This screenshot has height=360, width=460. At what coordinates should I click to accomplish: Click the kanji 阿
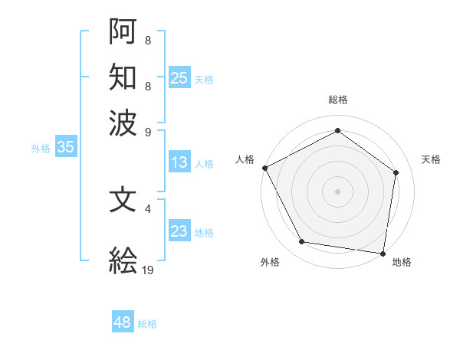click(123, 31)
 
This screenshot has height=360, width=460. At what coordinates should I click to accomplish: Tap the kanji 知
click(123, 77)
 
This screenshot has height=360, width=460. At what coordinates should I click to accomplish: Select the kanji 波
click(123, 122)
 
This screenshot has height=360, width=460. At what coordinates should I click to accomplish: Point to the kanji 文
click(123, 200)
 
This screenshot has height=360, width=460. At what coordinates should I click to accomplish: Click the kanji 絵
click(123, 261)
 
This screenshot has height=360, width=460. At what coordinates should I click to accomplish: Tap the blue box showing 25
click(179, 77)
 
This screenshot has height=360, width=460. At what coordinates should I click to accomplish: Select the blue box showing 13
click(179, 162)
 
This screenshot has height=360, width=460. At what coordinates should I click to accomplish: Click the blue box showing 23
click(179, 232)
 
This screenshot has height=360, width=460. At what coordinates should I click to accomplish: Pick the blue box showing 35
click(65, 147)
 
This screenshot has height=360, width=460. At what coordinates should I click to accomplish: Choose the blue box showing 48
click(123, 322)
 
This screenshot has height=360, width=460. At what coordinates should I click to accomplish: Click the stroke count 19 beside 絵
click(148, 270)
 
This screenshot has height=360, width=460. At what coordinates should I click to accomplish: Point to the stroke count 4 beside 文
click(148, 208)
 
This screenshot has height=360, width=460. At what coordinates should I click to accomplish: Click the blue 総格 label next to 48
click(147, 324)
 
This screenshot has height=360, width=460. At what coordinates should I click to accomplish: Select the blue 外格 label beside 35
click(41, 149)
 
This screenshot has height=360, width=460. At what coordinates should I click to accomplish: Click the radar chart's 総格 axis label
click(337, 100)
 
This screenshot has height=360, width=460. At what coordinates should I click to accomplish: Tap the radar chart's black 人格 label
click(245, 159)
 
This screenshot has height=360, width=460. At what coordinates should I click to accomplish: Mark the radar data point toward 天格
click(396, 172)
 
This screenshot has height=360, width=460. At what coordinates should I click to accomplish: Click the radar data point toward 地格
click(383, 253)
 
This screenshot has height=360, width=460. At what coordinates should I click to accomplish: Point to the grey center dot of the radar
click(337, 191)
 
